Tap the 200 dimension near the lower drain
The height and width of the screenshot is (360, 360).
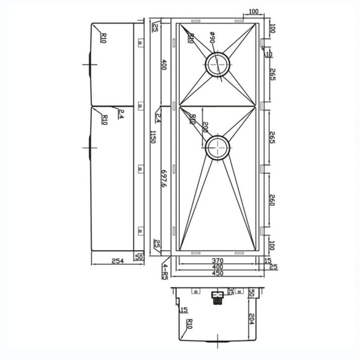[x=205, y=128]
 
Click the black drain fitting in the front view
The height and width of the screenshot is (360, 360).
[x=217, y=297]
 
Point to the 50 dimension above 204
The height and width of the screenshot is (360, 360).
[x=252, y=293]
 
